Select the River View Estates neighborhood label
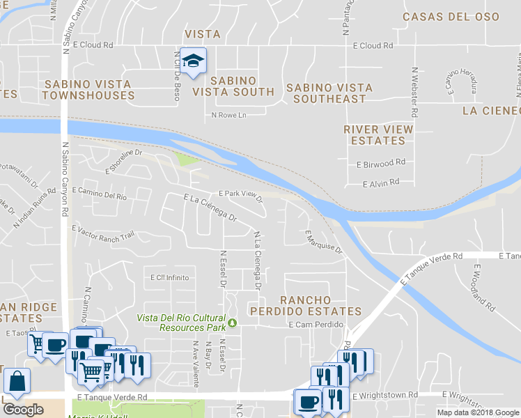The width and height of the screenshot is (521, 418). pyautogui.click(x=378, y=134)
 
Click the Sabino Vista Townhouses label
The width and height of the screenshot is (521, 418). pyautogui.click(x=88, y=89)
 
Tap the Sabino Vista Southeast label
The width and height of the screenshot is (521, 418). pyautogui.click(x=329, y=93)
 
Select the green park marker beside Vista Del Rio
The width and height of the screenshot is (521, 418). pyautogui.click(x=234, y=323)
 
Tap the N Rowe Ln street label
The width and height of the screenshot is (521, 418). pyautogui.click(x=230, y=116)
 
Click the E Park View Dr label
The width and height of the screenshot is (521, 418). pyautogui.click(x=240, y=195)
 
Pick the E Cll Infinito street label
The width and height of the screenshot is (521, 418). pyautogui.click(x=169, y=277)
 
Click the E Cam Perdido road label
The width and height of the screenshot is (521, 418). pyautogui.click(x=316, y=325)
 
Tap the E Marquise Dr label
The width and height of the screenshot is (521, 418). pyautogui.click(x=324, y=240)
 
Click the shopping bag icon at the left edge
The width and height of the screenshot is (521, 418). pyautogui.click(x=16, y=382)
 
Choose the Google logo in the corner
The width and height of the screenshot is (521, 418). pyautogui.click(x=22, y=410)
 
